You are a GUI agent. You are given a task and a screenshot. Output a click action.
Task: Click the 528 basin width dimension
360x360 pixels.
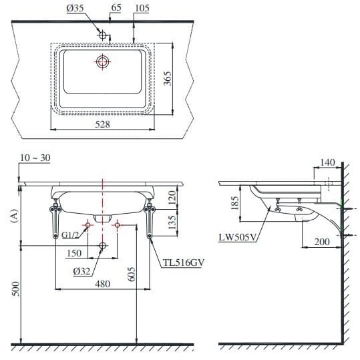[x=102, y=124]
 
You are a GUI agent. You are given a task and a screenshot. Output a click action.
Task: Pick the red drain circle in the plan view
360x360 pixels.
[x=102, y=62]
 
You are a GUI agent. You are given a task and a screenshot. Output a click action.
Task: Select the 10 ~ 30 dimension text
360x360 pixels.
[x=35, y=158]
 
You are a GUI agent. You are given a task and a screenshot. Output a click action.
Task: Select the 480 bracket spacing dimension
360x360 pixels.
[x=102, y=283]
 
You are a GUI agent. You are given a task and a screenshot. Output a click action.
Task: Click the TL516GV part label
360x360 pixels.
[x=182, y=263]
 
